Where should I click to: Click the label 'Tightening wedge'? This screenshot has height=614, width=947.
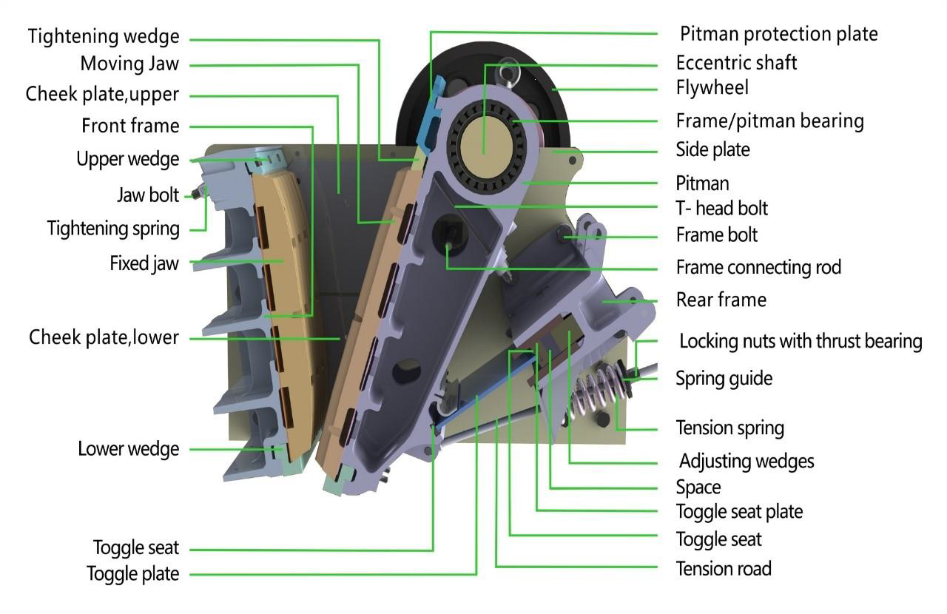tap(104, 36)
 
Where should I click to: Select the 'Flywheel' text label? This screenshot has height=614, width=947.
tap(712, 88)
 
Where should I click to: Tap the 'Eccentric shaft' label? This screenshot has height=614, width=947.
tap(736, 62)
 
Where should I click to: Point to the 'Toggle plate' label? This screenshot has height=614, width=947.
tap(132, 573)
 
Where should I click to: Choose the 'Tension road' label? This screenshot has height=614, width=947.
tap(724, 568)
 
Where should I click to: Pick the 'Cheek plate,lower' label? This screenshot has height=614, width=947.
tap(104, 338)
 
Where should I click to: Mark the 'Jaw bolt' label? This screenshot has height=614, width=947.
tap(148, 195)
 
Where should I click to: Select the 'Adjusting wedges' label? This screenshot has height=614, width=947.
tap(747, 462)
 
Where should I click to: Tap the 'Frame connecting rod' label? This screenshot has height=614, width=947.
tap(758, 266)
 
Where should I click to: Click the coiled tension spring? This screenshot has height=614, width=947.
tap(596, 392)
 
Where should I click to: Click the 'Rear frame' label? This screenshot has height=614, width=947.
tap(721, 300)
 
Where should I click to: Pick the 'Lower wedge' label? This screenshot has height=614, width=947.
tap(128, 449)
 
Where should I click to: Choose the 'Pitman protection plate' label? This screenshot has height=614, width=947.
tap(778, 34)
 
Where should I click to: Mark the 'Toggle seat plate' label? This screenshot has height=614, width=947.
tap(739, 511)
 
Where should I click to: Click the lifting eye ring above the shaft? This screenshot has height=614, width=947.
tap(508, 70)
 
